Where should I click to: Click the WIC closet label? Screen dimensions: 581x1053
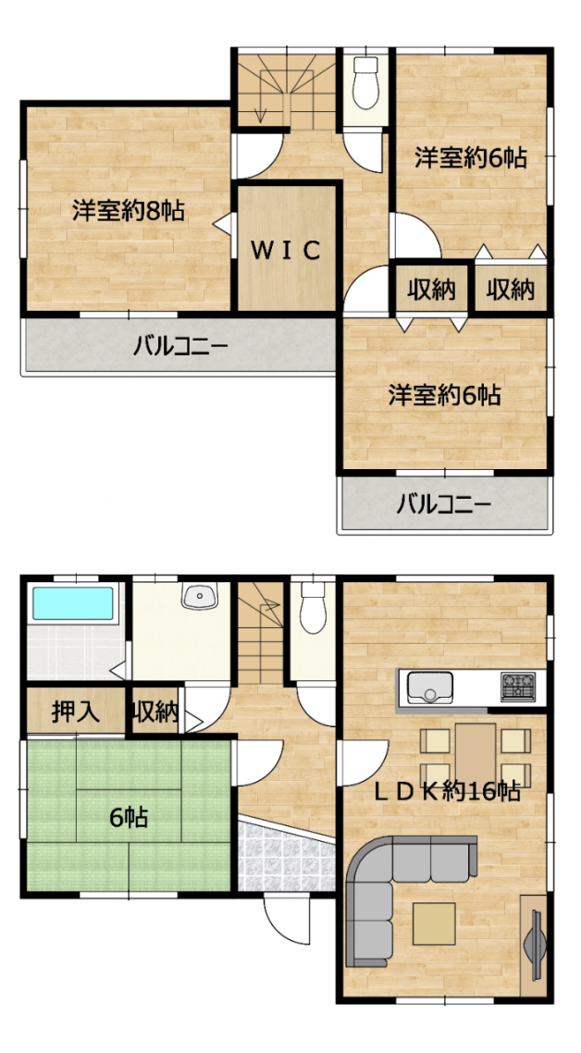tap(286, 250)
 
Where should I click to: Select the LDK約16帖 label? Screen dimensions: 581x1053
tap(447, 792)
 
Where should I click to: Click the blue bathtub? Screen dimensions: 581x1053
tap(73, 603)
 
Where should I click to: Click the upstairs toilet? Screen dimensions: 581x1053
tap(366, 82)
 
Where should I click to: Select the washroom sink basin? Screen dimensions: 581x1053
tap(199, 596)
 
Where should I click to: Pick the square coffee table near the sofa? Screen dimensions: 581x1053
tap(434, 924)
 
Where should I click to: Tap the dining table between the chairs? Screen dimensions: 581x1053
tap(476, 752)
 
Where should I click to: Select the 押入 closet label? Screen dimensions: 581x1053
tap(76, 712)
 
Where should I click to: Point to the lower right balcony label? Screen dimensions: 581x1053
tap(443, 502)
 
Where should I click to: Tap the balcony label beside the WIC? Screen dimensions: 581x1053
tap(180, 346)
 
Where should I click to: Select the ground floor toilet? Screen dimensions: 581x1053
tap(313, 607)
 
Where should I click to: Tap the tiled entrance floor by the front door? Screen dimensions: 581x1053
tap(287, 856)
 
